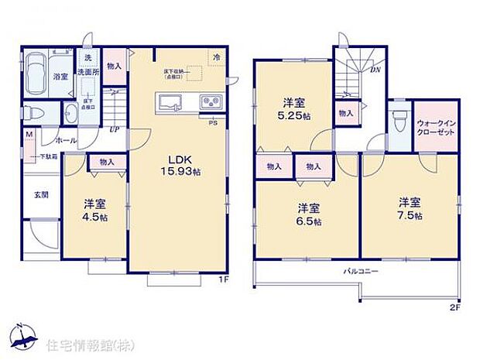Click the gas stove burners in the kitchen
point(211,102)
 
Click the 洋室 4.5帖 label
point(94,211)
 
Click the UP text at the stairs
point(113,129)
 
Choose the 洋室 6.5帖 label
point(309,214)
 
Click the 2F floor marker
point(455,307)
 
